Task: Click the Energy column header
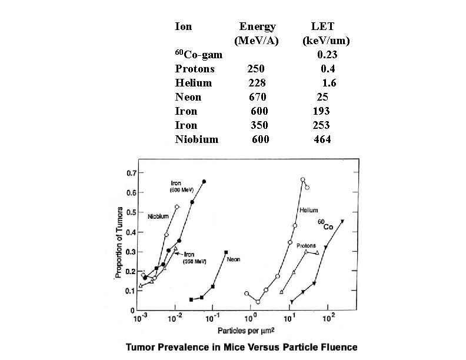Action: (x=257, y=26)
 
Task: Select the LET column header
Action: (x=325, y=26)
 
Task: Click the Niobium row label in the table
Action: (x=197, y=139)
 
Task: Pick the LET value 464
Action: (x=322, y=139)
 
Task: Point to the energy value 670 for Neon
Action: (x=257, y=97)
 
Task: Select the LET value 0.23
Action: (x=327, y=55)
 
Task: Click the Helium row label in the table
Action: (x=194, y=83)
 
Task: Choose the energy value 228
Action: (x=257, y=83)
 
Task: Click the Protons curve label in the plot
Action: (x=305, y=246)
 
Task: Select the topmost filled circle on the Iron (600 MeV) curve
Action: (x=204, y=182)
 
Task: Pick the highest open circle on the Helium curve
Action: (x=303, y=180)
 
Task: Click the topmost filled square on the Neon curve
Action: (x=226, y=252)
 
